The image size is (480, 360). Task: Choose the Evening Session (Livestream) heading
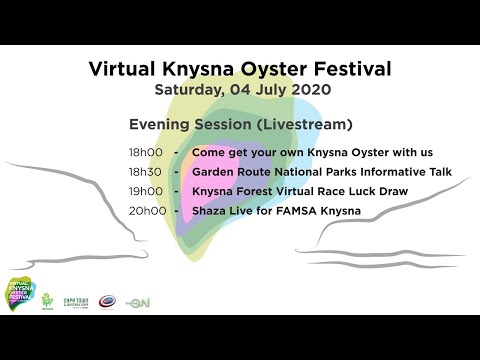(240, 125)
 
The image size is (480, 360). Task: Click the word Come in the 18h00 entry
(209, 154)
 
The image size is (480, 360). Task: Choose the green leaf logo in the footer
(45, 299)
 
